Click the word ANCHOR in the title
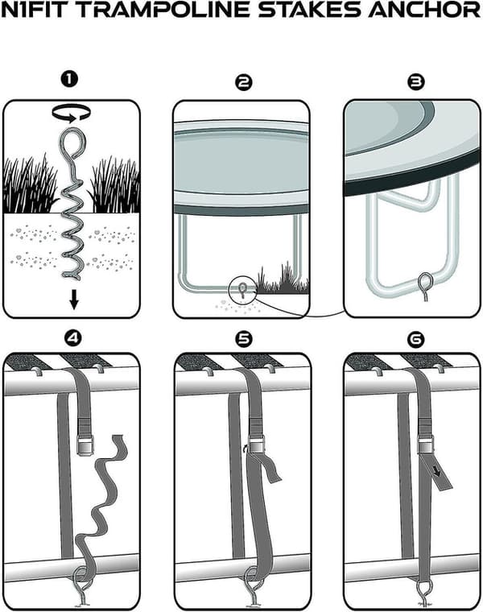[424, 10]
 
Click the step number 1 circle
[69, 80]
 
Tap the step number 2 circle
[244, 82]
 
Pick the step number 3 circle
[416, 81]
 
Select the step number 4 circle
[73, 338]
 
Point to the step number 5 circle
[244, 339]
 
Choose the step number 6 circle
[415, 340]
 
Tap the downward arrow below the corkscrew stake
[74, 301]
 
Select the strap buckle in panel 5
[257, 446]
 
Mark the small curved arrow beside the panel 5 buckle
[245, 448]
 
